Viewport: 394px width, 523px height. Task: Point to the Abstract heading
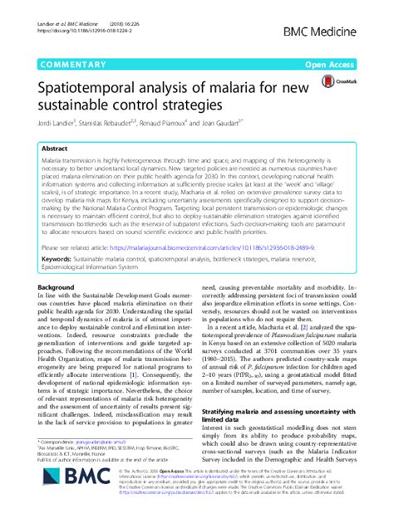(x=55, y=146)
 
